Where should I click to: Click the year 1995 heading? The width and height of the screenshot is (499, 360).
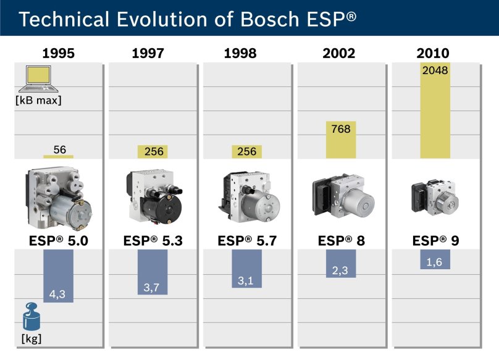[58, 53]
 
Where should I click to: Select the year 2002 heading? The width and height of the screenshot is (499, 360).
[338, 53]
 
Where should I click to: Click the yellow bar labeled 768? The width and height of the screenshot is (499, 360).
[340, 140]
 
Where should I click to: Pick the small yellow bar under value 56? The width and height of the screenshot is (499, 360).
[59, 156]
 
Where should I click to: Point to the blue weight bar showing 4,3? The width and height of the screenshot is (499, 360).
[59, 276]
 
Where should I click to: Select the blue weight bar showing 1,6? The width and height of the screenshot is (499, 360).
[435, 259]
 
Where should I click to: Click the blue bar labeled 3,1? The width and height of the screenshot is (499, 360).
[246, 269]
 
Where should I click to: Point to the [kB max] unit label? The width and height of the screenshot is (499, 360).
[38, 99]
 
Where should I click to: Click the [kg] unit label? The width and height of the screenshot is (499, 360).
[31, 338]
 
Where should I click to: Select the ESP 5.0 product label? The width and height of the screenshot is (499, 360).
[58, 241]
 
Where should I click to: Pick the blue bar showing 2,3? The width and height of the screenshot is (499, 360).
[340, 264]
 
